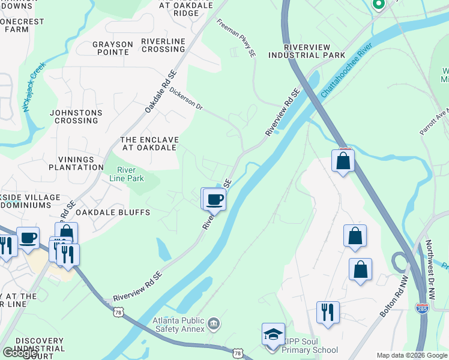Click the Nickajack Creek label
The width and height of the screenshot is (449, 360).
pyautogui.click(x=34, y=87)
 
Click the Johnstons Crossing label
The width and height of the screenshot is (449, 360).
pyautogui.click(x=74, y=116)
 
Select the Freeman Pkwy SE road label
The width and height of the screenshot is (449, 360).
pyautogui.click(x=237, y=38)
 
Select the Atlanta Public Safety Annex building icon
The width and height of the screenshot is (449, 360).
pyautogui.click(x=213, y=325)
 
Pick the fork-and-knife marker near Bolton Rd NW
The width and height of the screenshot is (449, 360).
pyautogui.click(x=328, y=312)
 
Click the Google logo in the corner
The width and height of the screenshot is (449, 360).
pyautogui.click(x=20, y=352)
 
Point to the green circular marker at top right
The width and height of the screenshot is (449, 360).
pyautogui.click(x=378, y=4)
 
